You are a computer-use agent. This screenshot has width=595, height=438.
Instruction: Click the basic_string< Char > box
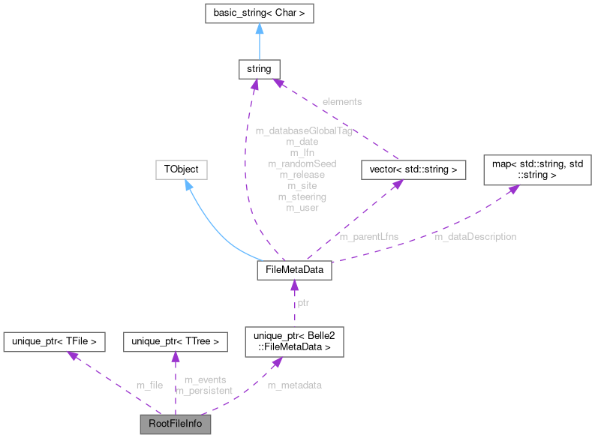(x=258, y=13)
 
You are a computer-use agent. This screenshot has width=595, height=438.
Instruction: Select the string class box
(x=258, y=70)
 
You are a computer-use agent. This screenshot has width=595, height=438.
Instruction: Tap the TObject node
(x=181, y=169)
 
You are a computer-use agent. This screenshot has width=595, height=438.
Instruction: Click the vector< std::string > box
(x=413, y=170)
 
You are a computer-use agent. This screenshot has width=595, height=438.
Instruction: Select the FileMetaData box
(x=294, y=270)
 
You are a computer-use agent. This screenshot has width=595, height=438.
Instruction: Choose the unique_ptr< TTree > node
(x=175, y=342)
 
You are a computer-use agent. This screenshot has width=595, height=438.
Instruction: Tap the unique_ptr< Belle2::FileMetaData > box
(x=294, y=342)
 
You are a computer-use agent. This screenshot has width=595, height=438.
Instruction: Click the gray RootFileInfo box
(x=175, y=424)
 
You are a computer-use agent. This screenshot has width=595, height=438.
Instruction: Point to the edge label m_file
(x=149, y=385)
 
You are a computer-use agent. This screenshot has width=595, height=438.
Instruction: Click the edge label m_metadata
(x=295, y=385)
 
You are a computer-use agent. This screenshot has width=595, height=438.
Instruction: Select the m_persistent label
(x=204, y=391)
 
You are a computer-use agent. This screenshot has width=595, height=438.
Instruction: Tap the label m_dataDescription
(x=475, y=236)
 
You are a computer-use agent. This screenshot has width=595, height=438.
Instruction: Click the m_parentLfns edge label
(x=368, y=236)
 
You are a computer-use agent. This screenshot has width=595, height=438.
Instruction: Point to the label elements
(x=341, y=100)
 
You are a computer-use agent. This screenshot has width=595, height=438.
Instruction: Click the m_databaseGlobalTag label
(x=303, y=130)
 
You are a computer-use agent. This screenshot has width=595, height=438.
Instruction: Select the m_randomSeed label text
(x=302, y=163)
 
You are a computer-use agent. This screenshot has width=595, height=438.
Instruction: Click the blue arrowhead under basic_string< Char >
(x=258, y=29)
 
